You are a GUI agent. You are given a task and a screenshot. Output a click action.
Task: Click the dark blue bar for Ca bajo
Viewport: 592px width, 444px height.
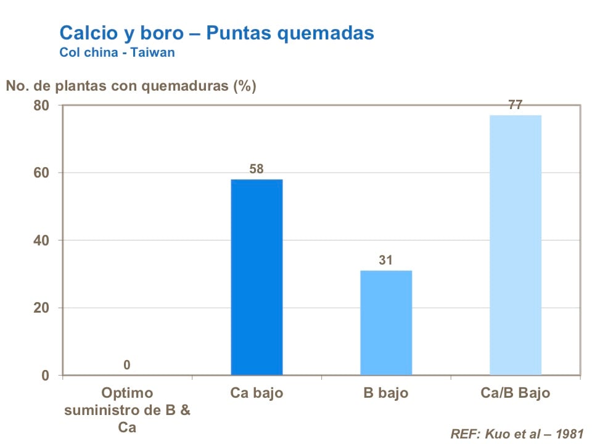pyautogui.click(x=257, y=277)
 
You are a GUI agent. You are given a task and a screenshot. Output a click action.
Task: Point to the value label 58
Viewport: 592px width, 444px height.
pyautogui.click(x=257, y=168)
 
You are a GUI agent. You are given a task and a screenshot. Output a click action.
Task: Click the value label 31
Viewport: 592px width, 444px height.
pyautogui.click(x=386, y=260)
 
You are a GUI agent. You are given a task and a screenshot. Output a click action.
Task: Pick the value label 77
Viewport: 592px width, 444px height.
pyautogui.click(x=516, y=105)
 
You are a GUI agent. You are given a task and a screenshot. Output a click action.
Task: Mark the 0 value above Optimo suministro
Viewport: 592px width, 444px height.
pyautogui.click(x=126, y=365)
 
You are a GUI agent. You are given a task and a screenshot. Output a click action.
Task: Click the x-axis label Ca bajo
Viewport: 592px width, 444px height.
pyautogui.click(x=257, y=393)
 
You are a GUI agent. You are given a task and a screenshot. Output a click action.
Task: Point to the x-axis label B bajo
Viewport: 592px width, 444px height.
pyautogui.click(x=386, y=393)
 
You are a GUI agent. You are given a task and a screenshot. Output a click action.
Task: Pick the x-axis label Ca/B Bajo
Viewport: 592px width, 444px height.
pyautogui.click(x=515, y=393)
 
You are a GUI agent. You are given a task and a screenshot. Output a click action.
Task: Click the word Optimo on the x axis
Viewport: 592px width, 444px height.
pyautogui.click(x=126, y=393)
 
